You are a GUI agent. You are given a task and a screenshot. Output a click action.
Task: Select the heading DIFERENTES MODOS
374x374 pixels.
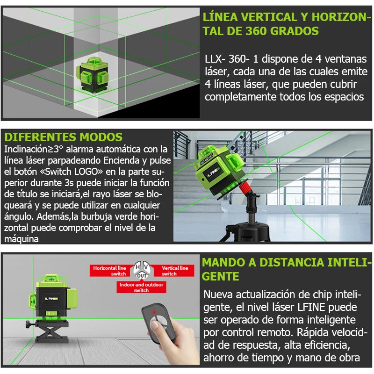(63, 137)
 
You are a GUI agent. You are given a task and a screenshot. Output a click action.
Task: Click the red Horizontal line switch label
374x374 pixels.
(109, 271)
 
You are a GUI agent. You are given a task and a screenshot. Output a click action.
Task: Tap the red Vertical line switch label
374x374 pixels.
(174, 271)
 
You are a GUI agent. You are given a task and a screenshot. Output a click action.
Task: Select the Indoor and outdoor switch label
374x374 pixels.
(141, 287)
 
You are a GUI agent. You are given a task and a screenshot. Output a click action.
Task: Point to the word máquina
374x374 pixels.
(21, 238)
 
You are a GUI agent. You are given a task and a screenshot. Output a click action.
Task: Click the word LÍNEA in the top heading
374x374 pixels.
(220, 17)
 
